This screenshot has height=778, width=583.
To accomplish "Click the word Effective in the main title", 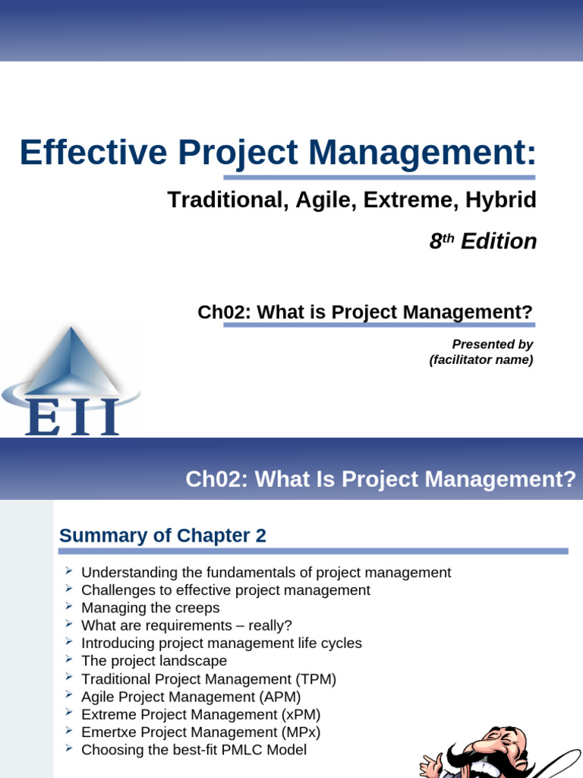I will click(93, 152).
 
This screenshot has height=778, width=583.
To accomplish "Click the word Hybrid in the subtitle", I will click(501, 200).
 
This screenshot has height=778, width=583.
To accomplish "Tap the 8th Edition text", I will click(483, 242).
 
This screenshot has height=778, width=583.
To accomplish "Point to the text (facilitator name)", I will click(481, 359).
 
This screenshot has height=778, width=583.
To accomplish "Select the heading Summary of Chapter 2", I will click(162, 536).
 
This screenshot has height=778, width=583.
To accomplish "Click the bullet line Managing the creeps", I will click(150, 608).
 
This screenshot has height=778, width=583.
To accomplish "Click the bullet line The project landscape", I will click(154, 661).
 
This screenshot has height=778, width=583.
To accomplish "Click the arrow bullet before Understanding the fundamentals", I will click(68, 571).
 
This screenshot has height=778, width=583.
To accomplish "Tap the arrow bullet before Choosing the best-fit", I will click(68, 748).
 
